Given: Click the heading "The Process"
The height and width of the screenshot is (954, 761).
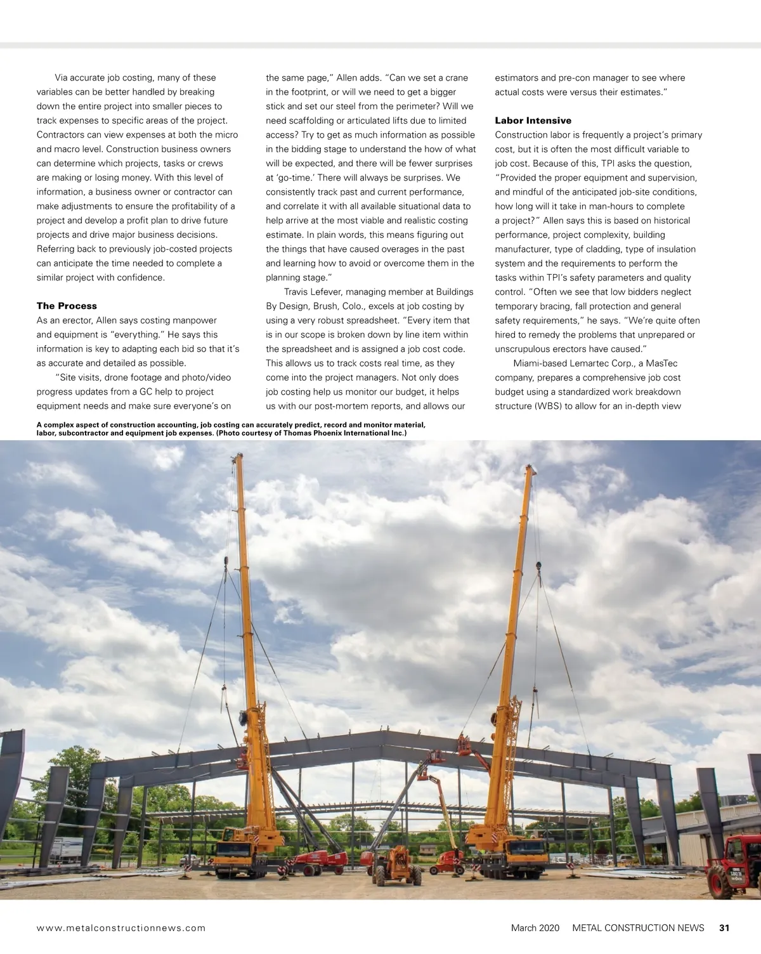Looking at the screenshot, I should pos(67,306).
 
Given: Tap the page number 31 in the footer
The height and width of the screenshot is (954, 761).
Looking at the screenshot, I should pos(724,927).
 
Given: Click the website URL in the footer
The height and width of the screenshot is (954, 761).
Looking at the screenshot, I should pos(121,927).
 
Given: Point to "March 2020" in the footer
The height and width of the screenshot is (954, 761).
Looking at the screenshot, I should pos(535,927).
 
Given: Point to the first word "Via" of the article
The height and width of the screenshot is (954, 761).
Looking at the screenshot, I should pos(61,78).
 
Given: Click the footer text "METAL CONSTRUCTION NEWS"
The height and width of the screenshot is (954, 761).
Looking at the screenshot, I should pos(638,927).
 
